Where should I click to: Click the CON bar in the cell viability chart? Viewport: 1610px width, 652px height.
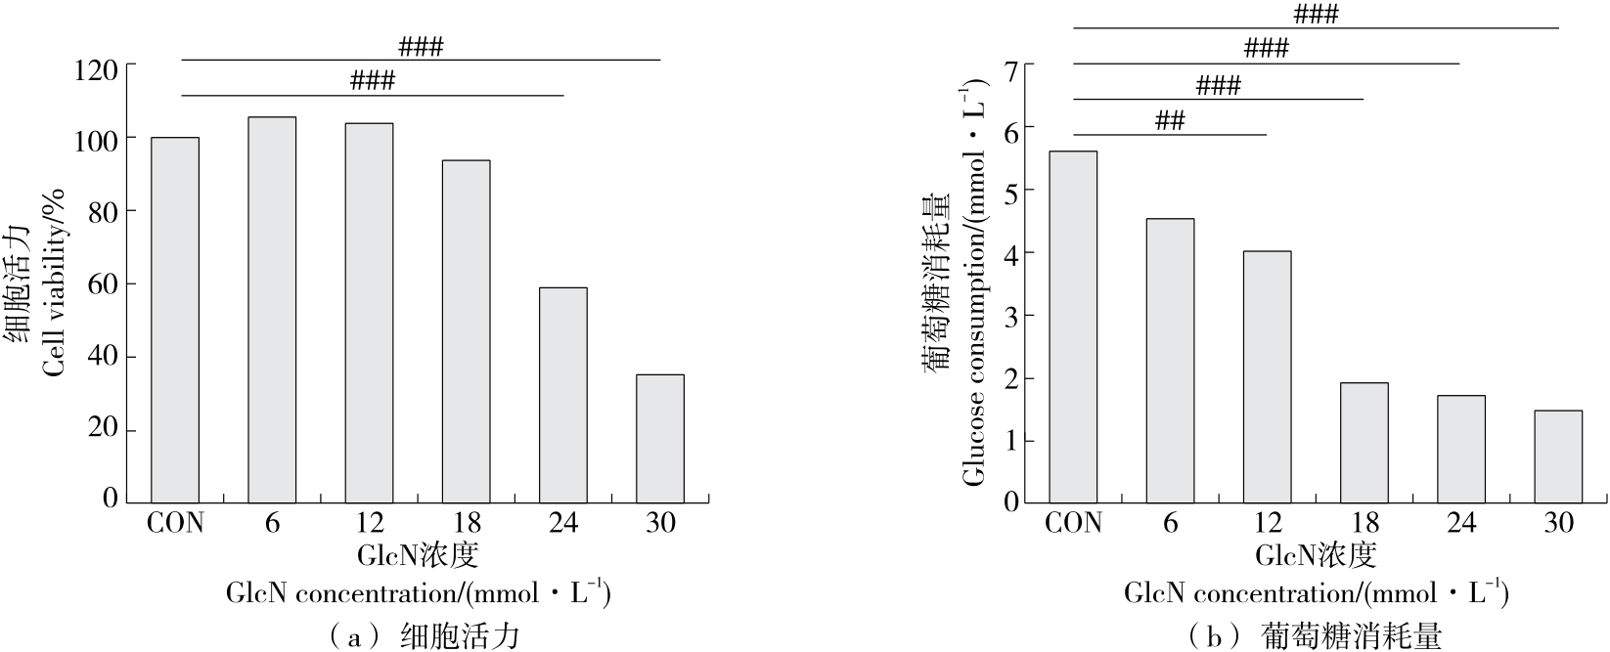point(175,319)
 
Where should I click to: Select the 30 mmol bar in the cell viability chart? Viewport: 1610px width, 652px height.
point(660,437)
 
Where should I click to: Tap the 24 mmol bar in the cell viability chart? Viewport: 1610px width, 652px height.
point(563,394)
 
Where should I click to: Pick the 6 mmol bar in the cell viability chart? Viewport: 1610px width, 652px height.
point(272,309)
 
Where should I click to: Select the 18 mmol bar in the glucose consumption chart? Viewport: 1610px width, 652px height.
point(1364,441)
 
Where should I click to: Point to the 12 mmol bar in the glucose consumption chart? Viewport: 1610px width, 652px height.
point(1267,375)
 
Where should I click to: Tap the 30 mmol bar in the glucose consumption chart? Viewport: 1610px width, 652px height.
point(1558,455)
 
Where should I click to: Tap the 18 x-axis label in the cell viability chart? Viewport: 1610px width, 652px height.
point(467,523)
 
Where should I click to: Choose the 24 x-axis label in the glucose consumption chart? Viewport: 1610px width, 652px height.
point(1461,524)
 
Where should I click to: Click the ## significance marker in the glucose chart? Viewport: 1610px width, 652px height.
point(1170,121)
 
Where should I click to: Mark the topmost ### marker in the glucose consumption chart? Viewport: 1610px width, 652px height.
point(1316,15)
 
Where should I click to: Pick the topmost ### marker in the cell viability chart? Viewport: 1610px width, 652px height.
point(421,47)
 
